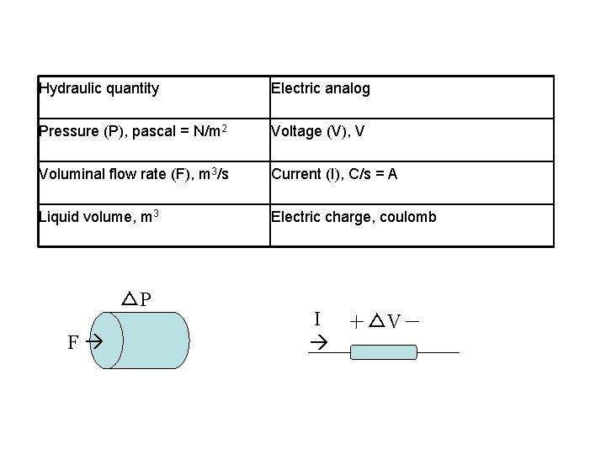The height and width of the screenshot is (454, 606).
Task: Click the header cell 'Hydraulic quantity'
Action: [99, 88]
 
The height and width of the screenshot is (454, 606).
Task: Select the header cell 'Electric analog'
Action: [320, 88]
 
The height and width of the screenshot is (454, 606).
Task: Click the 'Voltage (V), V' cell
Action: [317, 131]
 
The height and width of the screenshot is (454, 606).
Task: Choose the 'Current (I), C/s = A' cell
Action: [334, 174]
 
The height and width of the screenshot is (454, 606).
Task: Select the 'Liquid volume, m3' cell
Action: [98, 217]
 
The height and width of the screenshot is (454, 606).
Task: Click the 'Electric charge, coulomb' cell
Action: [353, 217]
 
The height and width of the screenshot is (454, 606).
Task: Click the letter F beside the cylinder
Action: [73, 342]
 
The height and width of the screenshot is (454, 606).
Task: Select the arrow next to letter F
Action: [93, 342]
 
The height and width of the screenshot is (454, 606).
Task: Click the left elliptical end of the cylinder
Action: [107, 340]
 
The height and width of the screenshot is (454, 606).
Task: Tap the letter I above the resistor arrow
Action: [316, 319]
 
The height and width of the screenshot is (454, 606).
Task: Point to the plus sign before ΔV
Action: [357, 321]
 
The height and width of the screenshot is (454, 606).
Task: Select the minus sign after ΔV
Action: [416, 320]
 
